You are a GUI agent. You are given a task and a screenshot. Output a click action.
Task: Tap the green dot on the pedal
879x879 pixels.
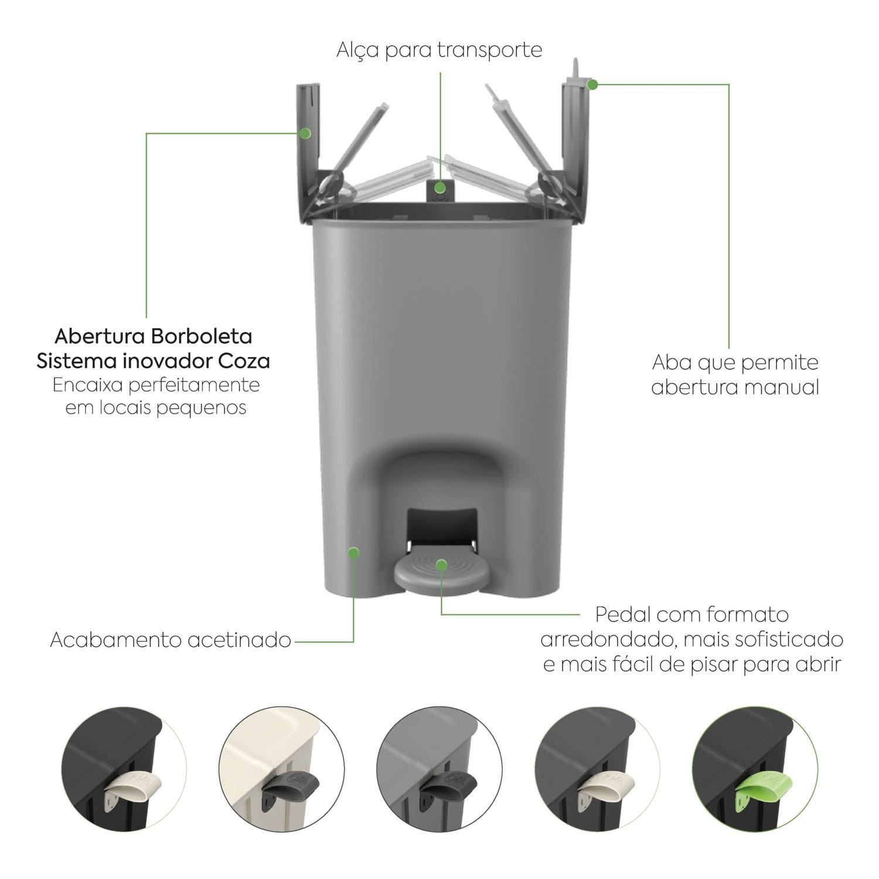click(x=441, y=565)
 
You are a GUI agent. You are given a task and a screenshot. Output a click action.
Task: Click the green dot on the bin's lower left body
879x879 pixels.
click(x=353, y=552)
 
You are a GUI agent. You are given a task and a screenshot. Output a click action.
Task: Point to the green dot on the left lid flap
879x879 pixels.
click(x=304, y=133)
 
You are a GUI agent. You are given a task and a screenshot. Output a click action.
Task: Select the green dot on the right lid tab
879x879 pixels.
click(x=592, y=84)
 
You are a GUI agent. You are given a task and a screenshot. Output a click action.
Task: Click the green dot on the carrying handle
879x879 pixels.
click(x=439, y=188)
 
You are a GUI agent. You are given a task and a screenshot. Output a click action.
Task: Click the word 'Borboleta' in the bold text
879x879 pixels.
click(x=203, y=336)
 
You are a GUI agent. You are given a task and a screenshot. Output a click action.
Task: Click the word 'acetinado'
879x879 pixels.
click(x=239, y=640)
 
